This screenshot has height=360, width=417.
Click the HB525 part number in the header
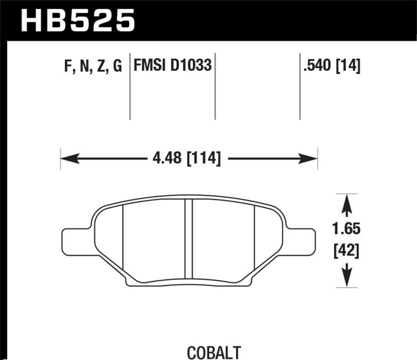pyautogui.click(x=77, y=21)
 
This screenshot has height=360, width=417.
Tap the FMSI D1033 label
pyautogui.click(x=173, y=66)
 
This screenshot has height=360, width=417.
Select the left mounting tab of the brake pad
pyautogui.click(x=76, y=242)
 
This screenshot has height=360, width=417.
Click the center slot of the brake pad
pyautogui.click(x=189, y=240)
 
